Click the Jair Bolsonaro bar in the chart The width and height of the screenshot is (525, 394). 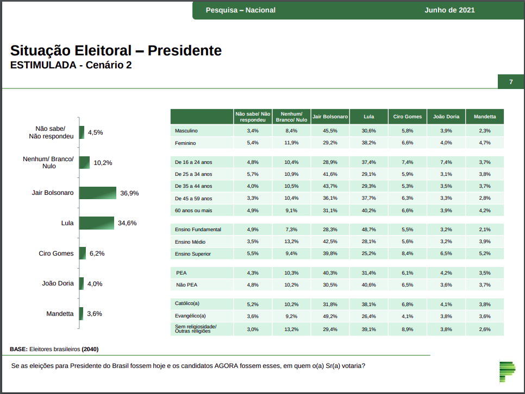[98, 193]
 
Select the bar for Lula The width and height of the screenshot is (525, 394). [97, 223]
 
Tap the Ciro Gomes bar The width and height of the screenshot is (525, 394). [83, 253]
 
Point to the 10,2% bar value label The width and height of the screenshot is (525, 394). [103, 162]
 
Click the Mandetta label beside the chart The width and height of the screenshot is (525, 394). [60, 314]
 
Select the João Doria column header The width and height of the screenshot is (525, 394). [446, 117]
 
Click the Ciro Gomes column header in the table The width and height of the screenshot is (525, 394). [408, 117]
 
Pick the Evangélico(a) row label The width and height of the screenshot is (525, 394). [190, 316]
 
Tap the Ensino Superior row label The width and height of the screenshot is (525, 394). [192, 253]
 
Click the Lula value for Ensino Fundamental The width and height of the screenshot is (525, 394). [369, 230]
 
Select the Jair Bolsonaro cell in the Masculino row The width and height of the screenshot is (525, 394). [330, 131]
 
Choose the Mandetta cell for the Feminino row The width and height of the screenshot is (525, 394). [485, 143]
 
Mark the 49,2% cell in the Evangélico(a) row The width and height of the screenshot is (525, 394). [330, 316]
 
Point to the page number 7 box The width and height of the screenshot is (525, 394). [511, 82]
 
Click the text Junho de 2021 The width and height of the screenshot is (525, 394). [449, 10]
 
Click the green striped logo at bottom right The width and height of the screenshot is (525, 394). [507, 371]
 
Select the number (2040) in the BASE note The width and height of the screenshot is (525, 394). [90, 349]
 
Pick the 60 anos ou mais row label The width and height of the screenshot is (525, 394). [193, 210]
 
